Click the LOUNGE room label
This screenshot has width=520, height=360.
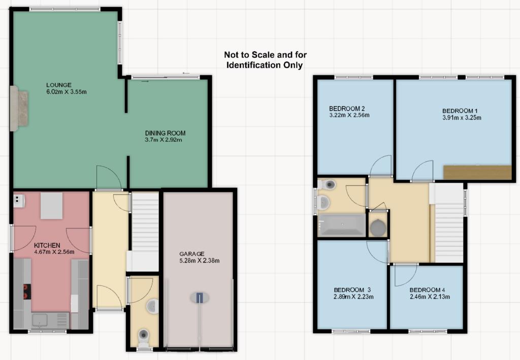(59, 85)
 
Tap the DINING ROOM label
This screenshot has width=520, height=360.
(165, 133)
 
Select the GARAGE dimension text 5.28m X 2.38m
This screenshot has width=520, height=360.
(199, 260)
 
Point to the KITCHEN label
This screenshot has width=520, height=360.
(47, 245)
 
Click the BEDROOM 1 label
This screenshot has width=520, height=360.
(460, 111)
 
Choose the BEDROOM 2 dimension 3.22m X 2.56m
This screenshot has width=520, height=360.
(349, 115)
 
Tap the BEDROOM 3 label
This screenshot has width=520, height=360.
(352, 290)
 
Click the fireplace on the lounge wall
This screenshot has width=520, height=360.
(18, 108)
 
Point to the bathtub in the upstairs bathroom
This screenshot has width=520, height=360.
(342, 225)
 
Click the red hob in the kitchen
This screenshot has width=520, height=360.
(26, 292)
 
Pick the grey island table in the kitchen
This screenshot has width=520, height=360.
(51, 206)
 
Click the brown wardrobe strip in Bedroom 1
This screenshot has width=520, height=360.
(477, 172)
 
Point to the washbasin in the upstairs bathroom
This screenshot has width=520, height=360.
(323, 202)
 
